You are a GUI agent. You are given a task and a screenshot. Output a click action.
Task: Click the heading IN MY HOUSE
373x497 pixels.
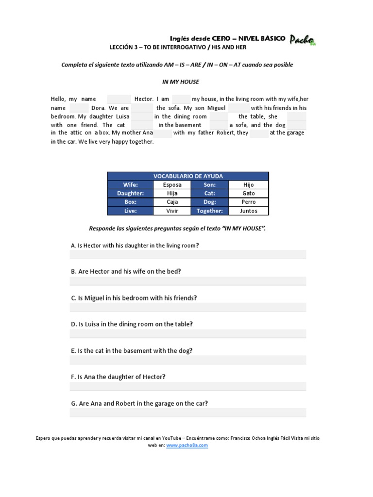click(x=180, y=82)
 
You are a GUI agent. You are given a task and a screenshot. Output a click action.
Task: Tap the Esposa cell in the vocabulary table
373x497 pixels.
click(x=172, y=185)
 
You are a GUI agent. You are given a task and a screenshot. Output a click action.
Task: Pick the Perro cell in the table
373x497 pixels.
click(x=248, y=202)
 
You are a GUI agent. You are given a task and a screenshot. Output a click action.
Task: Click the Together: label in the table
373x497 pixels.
click(x=210, y=211)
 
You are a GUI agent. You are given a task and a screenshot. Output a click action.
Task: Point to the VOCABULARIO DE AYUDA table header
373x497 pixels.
click(x=188, y=176)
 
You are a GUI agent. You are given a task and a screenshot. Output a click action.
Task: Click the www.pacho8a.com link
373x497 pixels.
click(x=187, y=445)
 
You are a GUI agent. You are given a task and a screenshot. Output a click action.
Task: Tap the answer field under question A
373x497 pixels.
click(x=188, y=254)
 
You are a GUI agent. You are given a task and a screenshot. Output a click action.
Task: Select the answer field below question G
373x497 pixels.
click(x=188, y=413)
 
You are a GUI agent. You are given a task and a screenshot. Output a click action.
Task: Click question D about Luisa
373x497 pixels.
click(x=132, y=324)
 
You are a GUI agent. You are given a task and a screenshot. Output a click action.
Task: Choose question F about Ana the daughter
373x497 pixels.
click(x=118, y=377)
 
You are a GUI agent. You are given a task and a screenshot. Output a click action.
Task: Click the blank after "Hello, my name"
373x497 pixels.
click(x=119, y=99)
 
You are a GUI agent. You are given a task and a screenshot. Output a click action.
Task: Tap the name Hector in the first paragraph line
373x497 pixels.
click(x=144, y=99)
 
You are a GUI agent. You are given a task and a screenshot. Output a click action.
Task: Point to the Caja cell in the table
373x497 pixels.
click(x=172, y=202)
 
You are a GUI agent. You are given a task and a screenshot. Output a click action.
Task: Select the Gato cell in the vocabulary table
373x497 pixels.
click(x=248, y=193)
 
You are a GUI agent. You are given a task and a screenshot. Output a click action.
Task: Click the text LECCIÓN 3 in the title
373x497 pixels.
click(x=124, y=47)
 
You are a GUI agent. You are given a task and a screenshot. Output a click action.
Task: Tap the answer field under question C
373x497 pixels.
click(x=188, y=307)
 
